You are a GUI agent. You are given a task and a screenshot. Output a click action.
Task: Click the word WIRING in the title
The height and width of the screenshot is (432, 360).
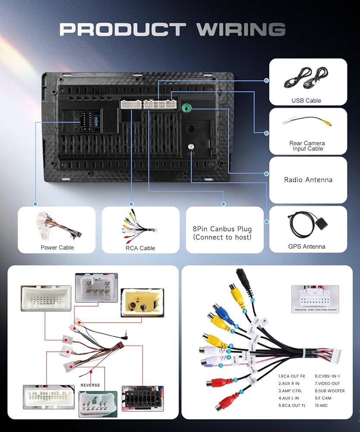240,29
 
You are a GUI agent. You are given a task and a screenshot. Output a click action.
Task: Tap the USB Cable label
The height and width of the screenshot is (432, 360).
306,101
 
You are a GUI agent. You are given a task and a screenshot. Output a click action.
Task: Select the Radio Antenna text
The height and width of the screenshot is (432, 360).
308,180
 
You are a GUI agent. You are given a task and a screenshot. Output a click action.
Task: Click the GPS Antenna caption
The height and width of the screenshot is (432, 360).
306,247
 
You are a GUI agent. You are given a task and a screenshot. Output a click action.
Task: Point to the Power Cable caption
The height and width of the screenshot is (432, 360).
57,248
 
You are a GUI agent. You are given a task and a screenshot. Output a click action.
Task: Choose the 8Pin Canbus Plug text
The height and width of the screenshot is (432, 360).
223,229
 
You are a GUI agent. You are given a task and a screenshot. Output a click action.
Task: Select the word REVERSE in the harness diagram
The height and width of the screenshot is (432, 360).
90,385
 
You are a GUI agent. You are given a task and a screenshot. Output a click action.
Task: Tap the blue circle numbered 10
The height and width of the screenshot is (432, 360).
253,300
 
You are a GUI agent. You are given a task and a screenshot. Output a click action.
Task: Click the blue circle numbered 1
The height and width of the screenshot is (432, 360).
241,392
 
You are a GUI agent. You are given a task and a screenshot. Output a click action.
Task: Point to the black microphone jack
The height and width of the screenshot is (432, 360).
242,279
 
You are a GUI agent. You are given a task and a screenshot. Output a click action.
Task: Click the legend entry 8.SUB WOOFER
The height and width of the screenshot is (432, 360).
330,391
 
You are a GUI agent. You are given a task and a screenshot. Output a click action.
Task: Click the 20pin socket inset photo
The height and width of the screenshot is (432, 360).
315,298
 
